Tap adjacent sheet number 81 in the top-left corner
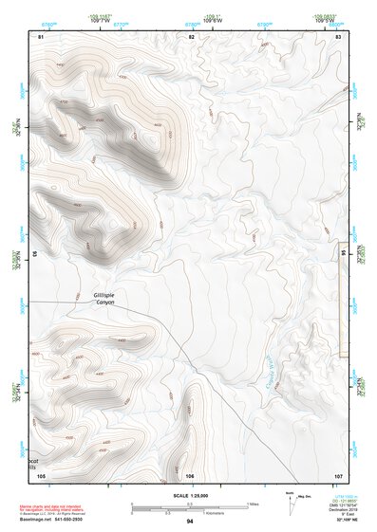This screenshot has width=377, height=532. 41,36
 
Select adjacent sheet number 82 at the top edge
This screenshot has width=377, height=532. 191,36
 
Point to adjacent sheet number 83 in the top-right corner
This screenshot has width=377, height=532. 339,36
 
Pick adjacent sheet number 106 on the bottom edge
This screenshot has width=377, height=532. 191,474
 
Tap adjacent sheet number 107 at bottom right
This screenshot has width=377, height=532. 338,474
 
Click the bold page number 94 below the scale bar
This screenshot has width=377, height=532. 190,522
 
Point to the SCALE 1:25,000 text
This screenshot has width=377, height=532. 190,494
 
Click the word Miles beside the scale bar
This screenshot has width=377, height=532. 254,503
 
